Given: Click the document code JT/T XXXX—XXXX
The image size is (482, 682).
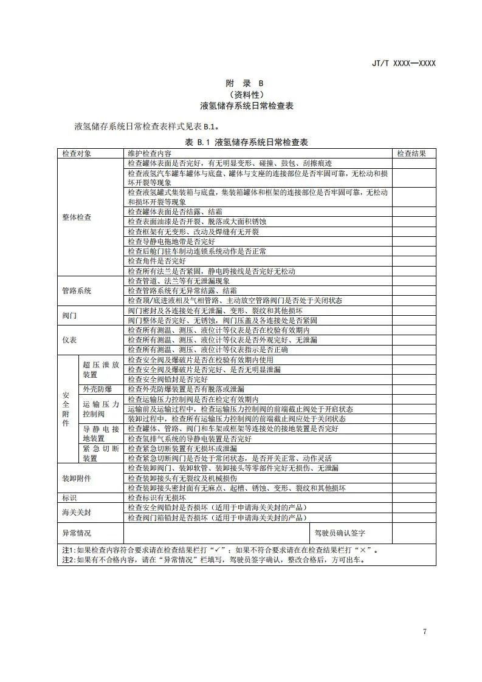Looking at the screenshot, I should point(404,63).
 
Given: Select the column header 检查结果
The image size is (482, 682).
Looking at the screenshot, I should point(411,154).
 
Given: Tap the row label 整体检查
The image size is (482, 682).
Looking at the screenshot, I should point(77,217).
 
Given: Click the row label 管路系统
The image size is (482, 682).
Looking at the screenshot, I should point(77,291).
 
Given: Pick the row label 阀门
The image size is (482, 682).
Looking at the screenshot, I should point(70,316).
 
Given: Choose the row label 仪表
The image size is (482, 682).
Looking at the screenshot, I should point(70,340).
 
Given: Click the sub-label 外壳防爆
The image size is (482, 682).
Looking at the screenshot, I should point(94,389).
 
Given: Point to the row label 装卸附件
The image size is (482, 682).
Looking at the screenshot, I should point(77,478).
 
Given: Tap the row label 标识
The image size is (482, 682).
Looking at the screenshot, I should point(70,497).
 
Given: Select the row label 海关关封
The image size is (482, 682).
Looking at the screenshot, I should point(77,512).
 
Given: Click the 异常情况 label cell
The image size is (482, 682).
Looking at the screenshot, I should point(77,533).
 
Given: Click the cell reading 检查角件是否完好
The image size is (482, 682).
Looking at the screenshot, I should point(157,261).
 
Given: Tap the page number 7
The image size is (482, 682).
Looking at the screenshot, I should point(424,632).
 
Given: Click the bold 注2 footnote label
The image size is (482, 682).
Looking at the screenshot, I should point(67,559).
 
